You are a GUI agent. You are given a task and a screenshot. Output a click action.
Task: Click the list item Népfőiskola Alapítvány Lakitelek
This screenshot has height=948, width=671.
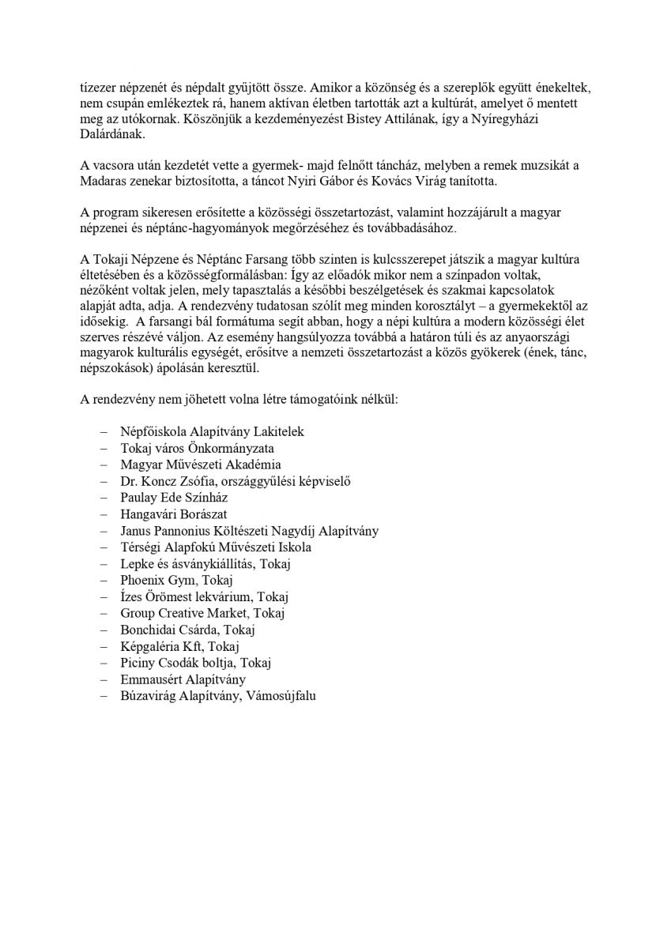pos(212,432)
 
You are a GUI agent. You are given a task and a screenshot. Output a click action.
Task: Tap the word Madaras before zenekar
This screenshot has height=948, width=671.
pos(104,181)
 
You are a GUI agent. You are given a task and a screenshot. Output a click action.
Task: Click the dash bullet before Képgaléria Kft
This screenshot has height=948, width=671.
pos(104,646)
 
